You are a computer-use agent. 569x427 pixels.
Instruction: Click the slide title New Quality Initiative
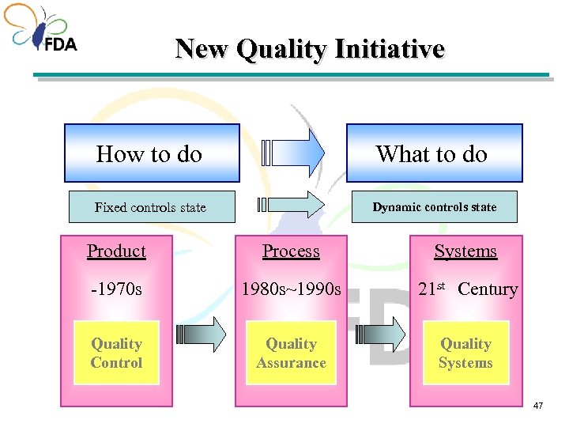coord(310,49)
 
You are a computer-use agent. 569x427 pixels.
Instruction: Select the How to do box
coord(151,153)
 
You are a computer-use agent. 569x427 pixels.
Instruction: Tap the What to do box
coord(434,153)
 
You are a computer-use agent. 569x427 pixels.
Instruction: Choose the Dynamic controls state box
coord(434,207)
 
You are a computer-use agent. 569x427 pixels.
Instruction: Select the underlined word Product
coord(116,251)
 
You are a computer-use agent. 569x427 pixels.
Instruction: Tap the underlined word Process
coord(291,251)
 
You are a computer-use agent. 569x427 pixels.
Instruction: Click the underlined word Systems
coord(465,251)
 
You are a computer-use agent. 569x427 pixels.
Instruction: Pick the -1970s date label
coord(116,289)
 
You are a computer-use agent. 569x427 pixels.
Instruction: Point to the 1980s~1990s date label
coord(292,289)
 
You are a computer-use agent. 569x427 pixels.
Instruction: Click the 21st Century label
coord(467,289)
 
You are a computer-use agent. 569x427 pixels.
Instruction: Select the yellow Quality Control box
coord(116,353)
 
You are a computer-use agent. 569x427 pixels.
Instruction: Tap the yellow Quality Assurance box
coord(291,353)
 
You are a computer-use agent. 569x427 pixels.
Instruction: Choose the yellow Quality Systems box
coord(465,353)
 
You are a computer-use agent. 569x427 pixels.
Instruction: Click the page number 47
coord(539,406)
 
